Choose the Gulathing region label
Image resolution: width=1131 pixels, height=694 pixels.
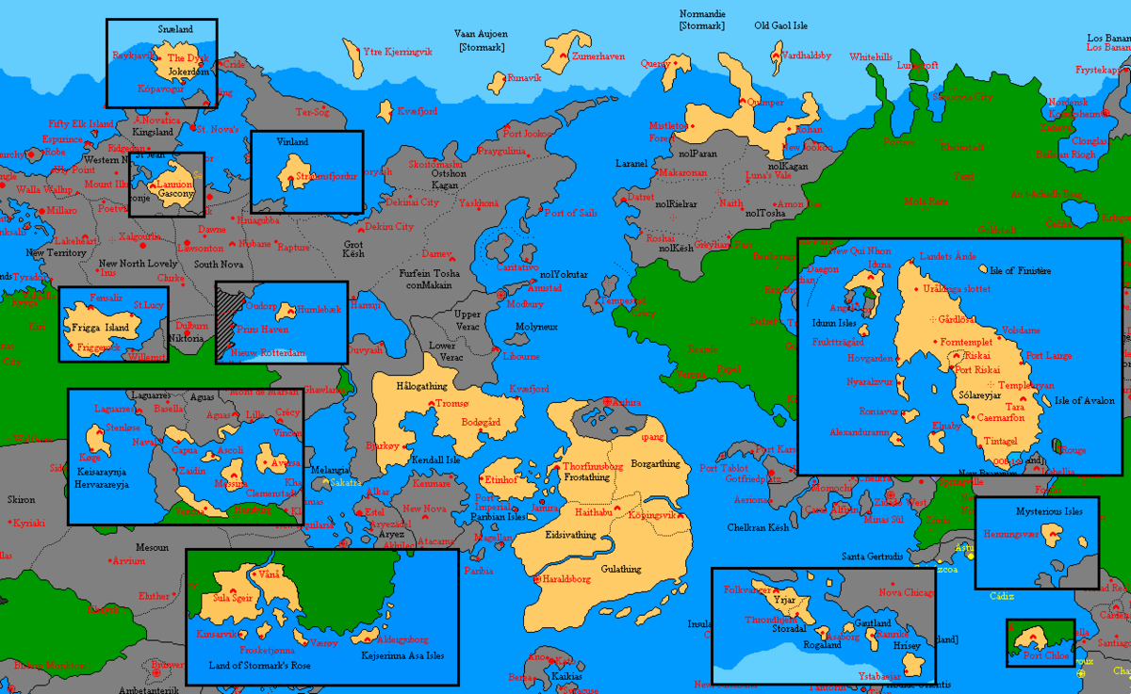tap(620, 569)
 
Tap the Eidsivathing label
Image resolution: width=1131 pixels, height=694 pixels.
tap(570, 535)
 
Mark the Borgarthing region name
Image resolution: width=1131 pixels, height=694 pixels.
tap(655, 463)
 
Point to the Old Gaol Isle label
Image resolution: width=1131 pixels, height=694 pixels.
tap(780, 25)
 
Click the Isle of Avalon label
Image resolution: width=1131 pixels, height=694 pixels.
tap(1084, 400)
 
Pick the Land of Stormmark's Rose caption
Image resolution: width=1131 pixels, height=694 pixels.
tap(259, 667)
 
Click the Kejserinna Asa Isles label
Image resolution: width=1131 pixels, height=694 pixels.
tap(402, 655)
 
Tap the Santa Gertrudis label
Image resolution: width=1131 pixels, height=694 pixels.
tap(872, 556)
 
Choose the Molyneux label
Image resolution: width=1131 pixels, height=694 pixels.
tap(536, 327)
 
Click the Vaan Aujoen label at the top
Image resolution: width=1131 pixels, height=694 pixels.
tap(480, 34)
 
